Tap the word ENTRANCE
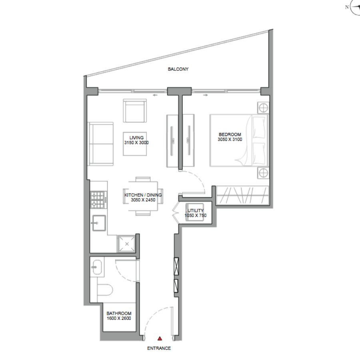click(159, 348)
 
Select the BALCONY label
click(178, 69)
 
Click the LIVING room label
click(136, 138)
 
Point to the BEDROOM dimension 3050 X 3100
click(230, 139)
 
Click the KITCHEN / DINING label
click(143, 195)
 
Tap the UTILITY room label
click(196, 210)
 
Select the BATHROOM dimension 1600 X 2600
click(119, 318)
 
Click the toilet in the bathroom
click(105, 290)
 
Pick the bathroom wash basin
click(97, 267)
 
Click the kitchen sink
click(99, 223)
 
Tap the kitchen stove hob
click(99, 200)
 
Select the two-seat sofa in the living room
click(101, 144)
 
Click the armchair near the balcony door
click(135, 111)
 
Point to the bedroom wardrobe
click(242, 195)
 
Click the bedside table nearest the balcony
click(263, 108)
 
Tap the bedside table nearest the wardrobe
click(263, 173)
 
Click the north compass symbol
click(355, 7)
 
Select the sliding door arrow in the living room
click(156, 95)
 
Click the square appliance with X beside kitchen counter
click(126, 244)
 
